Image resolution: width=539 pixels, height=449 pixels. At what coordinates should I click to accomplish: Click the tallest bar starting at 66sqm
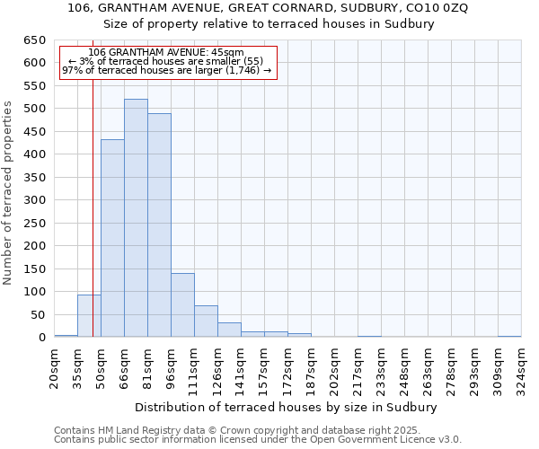pyautogui.click(x=136, y=218)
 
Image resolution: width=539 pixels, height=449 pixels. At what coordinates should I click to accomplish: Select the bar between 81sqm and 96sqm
pyautogui.click(x=159, y=225)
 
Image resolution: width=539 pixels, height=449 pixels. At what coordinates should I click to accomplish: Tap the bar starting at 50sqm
pyautogui.click(x=112, y=239)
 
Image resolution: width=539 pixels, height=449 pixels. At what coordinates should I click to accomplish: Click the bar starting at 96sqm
pyautogui.click(x=182, y=305)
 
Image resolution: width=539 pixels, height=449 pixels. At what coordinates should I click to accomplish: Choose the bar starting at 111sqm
pyautogui.click(x=206, y=321)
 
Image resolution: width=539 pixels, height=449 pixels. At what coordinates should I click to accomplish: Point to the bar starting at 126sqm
pyautogui.click(x=229, y=330)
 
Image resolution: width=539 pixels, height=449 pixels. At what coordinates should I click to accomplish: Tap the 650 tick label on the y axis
pyautogui.click(x=34, y=40)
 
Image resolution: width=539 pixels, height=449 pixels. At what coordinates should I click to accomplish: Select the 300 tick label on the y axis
pyautogui.click(x=34, y=200)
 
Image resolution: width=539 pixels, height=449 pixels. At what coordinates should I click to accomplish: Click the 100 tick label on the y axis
pyautogui.click(x=34, y=292)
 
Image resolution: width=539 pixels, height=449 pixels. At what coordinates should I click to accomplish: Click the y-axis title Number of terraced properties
pyautogui.click(x=8, y=193)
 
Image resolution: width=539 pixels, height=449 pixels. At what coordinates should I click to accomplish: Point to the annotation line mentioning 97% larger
pyautogui.click(x=166, y=70)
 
